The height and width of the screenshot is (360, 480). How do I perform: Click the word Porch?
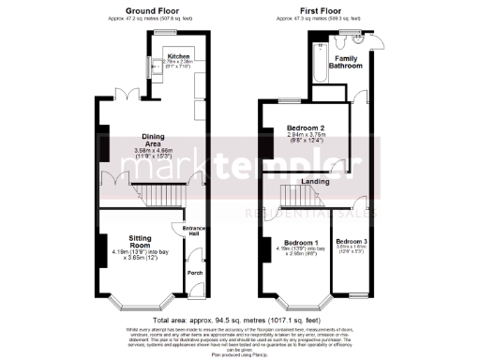click(x=195, y=273)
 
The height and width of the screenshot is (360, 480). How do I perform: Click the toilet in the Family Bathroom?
click(x=366, y=41)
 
